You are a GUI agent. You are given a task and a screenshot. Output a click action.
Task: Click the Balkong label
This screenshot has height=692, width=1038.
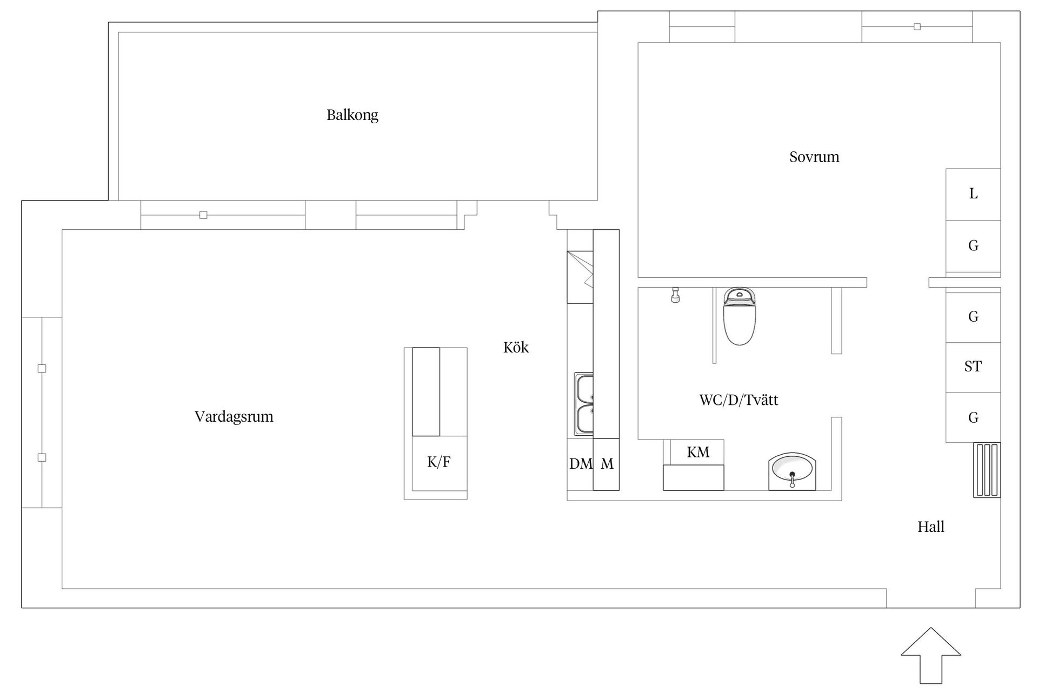pos(352,115)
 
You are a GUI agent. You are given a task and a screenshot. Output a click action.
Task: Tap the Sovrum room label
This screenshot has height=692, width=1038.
pos(814,157)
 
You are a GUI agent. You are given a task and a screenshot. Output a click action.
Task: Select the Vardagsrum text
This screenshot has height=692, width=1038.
pos(234,417)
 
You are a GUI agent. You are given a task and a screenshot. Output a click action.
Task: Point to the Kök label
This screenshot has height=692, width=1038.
pos(516,348)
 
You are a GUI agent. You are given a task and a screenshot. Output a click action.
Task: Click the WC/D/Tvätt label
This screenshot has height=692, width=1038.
pos(738,400)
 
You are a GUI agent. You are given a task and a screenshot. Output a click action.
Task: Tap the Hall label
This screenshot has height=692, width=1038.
pos(930,527)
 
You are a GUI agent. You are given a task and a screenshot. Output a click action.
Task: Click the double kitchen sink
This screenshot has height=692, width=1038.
pos(584,404)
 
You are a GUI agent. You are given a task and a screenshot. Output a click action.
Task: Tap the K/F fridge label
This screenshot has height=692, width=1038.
pos(438,462)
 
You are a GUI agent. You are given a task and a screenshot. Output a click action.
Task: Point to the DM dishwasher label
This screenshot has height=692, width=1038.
pos(580,464)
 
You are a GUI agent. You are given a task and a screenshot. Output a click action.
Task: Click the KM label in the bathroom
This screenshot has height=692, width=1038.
pos(698,453)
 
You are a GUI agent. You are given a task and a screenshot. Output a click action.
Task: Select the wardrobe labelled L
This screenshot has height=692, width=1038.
pos(973,194)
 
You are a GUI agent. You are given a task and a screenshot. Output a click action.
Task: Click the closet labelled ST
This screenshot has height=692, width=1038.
pos(973,367)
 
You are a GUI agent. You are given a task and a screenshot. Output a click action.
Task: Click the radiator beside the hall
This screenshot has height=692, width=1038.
pos(987,470)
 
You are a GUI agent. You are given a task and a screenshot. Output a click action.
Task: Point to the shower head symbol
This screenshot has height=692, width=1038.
pos(675,295)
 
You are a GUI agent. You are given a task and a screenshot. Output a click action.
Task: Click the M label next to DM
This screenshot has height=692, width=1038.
pos(607,464)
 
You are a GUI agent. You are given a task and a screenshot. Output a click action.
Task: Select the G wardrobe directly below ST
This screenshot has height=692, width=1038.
pos(973,418)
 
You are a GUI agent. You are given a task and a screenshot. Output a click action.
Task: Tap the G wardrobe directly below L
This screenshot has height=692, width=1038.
pos(973,246)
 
